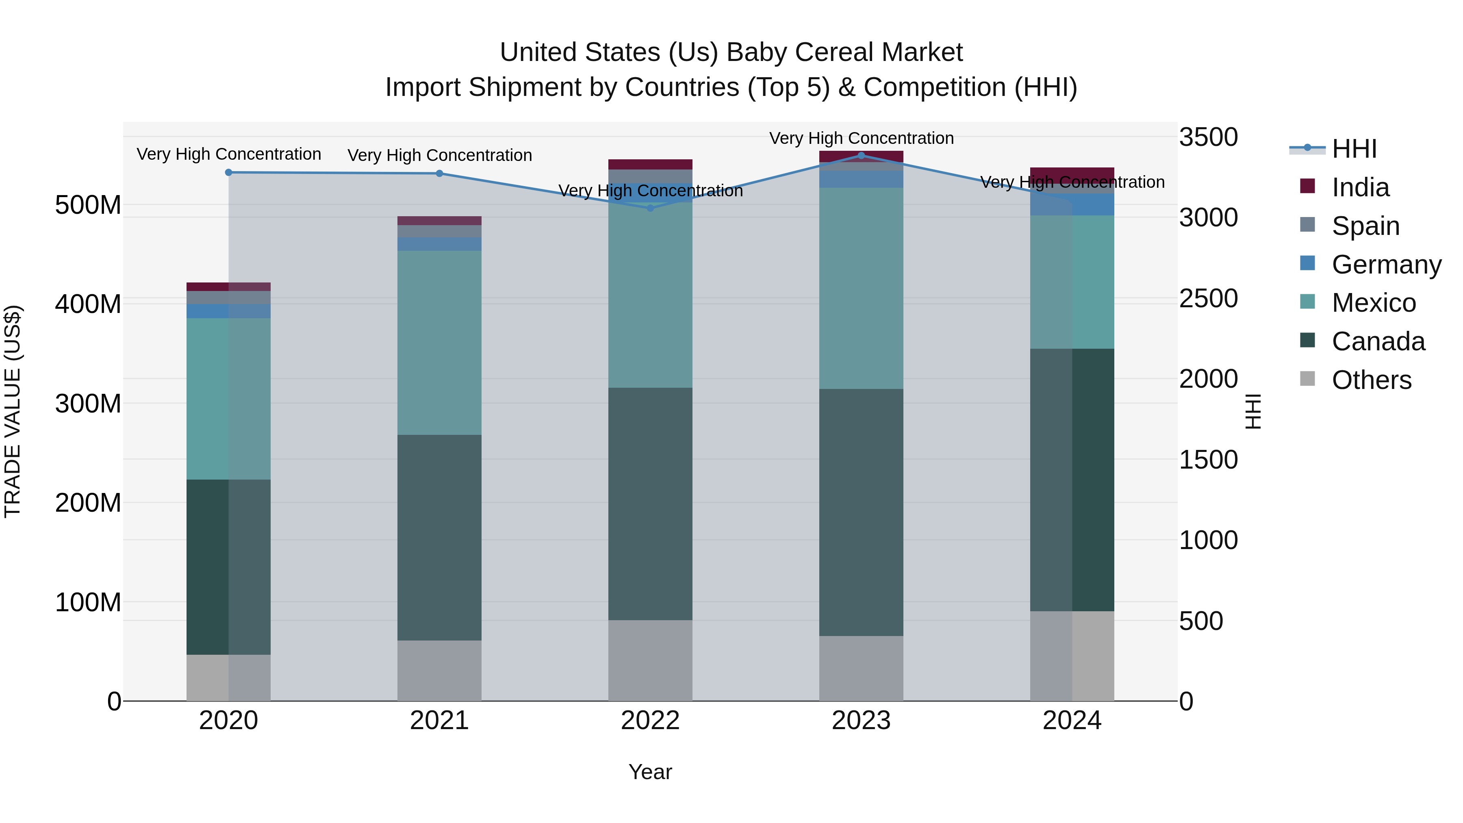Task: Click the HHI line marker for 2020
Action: (228, 172)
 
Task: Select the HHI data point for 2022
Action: (650, 208)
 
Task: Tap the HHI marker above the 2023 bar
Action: (861, 155)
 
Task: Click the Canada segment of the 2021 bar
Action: (439, 537)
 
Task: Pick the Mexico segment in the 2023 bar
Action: (861, 288)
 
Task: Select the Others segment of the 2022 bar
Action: (650, 660)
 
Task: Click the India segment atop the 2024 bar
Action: (1072, 174)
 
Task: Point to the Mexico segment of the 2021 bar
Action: (439, 343)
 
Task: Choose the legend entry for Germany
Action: (1386, 265)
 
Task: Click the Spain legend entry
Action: (1365, 226)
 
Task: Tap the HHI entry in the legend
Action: (1354, 149)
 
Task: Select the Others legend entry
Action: (1371, 380)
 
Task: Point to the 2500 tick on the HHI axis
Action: (1209, 299)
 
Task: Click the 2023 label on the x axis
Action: (861, 721)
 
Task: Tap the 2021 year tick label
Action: (439, 721)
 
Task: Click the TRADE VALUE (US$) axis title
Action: (13, 411)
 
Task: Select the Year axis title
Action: (650, 772)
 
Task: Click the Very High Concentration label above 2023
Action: (861, 138)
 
